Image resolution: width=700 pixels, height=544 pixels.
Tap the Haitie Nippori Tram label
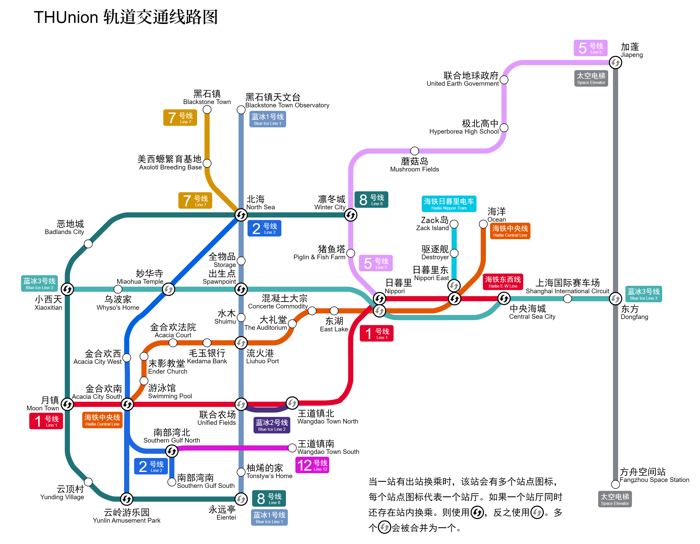449,204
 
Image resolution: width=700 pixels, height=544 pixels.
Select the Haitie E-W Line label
503,282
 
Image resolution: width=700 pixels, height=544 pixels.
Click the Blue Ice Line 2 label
272,425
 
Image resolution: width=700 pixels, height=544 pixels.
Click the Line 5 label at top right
590,48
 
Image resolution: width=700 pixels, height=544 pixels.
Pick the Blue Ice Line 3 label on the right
643,294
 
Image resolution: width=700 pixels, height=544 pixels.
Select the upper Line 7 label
180,118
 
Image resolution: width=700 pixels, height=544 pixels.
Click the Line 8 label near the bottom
269,498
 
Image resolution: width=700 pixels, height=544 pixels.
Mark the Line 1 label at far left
46,421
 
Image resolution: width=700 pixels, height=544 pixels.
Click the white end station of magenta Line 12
292,448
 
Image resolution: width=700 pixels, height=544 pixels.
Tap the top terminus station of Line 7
207,110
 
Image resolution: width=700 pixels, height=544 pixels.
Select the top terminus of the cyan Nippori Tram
454,224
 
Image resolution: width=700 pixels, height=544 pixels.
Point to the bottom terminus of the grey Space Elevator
615,484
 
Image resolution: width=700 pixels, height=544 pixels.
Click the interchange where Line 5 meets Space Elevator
615,63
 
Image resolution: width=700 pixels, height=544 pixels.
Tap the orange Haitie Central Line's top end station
483,224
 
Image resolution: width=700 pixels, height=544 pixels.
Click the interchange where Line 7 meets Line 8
241,215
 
